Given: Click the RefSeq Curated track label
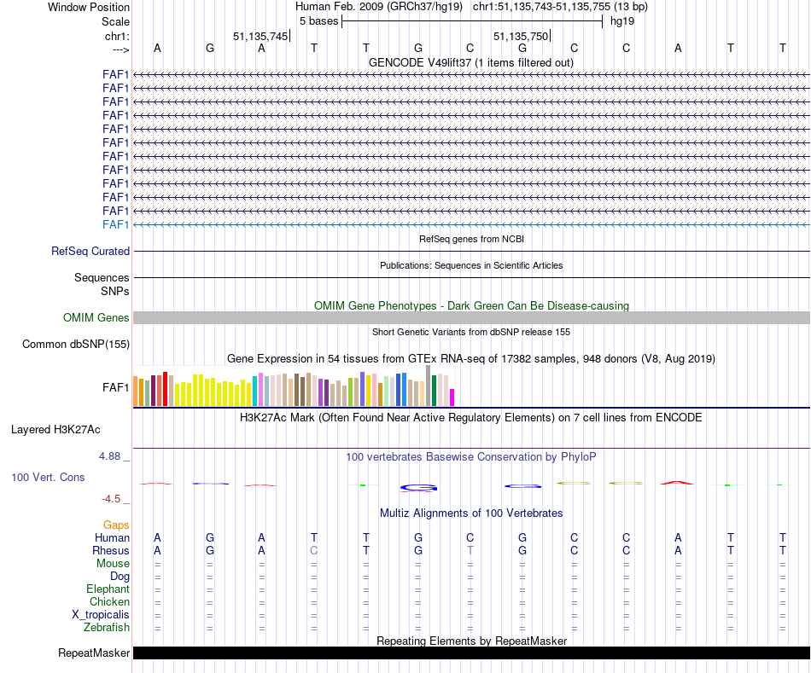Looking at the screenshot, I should tap(90, 252).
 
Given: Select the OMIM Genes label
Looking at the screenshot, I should tap(96, 318).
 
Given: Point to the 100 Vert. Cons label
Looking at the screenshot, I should tap(48, 478).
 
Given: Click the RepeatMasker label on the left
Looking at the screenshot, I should tap(94, 653).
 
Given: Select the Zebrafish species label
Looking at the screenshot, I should tap(107, 628).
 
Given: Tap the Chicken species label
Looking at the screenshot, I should tap(109, 602).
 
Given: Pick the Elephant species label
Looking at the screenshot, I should tap(108, 589).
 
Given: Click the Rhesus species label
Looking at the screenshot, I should tap(111, 551).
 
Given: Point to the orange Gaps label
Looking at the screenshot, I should tap(116, 525).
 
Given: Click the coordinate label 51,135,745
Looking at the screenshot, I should tap(260, 36).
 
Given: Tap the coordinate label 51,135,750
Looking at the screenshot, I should tap(521, 36).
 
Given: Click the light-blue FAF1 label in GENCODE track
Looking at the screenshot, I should tap(115, 224).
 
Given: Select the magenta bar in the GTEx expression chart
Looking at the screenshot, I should tap(452, 397).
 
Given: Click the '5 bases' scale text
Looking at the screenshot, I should tap(318, 21).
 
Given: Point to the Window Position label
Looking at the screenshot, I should tap(89, 8).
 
